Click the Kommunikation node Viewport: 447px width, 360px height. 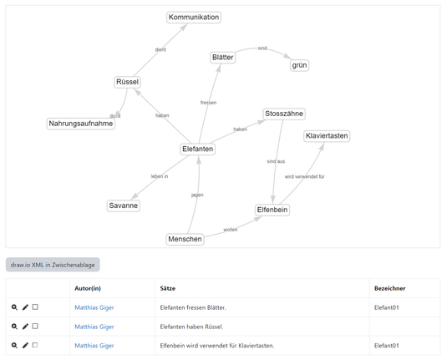click(194, 18)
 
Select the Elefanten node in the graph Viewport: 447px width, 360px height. click(197, 149)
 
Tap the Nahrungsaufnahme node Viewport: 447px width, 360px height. click(81, 124)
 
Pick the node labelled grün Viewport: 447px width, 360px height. click(299, 65)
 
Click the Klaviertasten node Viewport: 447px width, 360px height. click(327, 136)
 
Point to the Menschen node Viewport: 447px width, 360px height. click(185, 239)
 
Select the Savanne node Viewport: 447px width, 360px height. click(123, 205)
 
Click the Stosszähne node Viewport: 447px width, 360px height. click(284, 114)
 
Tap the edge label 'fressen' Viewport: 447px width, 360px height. click(208, 103)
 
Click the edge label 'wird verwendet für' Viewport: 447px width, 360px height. click(304, 177)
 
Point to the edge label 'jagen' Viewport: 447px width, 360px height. click(197, 195)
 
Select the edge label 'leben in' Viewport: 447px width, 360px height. click(160, 176)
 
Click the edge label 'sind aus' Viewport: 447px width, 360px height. click(276, 161)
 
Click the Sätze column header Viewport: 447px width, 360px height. click(168, 288)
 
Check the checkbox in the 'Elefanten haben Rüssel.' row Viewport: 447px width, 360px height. click(35, 326)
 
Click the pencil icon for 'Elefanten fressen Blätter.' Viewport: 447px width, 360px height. click(25, 307)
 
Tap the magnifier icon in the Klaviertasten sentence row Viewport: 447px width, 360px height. click(14, 346)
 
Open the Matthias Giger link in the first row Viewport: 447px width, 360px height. click(94, 307)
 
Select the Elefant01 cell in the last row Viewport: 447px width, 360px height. click(386, 346)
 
